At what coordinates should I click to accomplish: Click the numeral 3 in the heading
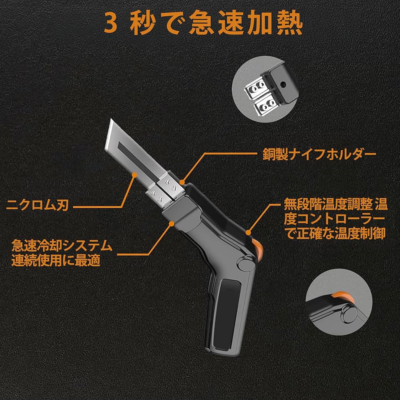click(111, 25)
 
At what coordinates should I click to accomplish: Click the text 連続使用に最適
click(56, 260)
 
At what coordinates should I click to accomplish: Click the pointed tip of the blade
click(109, 120)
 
